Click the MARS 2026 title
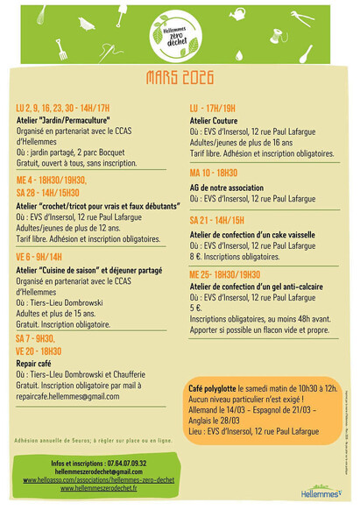point(180,79)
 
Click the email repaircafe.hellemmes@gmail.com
point(67,396)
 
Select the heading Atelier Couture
point(214,120)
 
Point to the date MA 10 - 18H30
point(214,173)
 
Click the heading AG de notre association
point(228,187)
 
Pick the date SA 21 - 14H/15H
point(217,219)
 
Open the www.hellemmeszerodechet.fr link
point(103,488)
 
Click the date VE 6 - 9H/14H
point(40,257)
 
